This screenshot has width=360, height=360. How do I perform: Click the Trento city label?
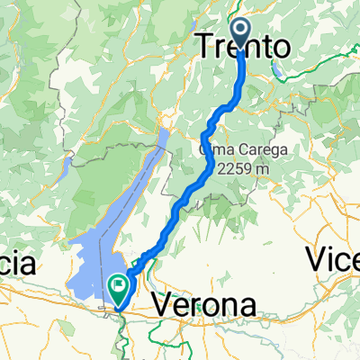[244, 45]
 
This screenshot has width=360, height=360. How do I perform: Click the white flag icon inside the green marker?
[118, 285]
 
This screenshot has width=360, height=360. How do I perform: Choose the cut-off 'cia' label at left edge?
[16, 264]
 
